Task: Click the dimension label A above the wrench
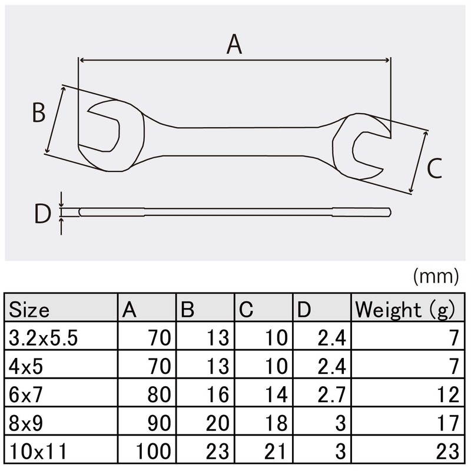point(234,45)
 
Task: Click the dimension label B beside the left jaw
point(39,112)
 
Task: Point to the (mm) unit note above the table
point(435,275)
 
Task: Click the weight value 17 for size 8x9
point(447,423)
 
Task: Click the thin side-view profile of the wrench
point(235,213)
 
